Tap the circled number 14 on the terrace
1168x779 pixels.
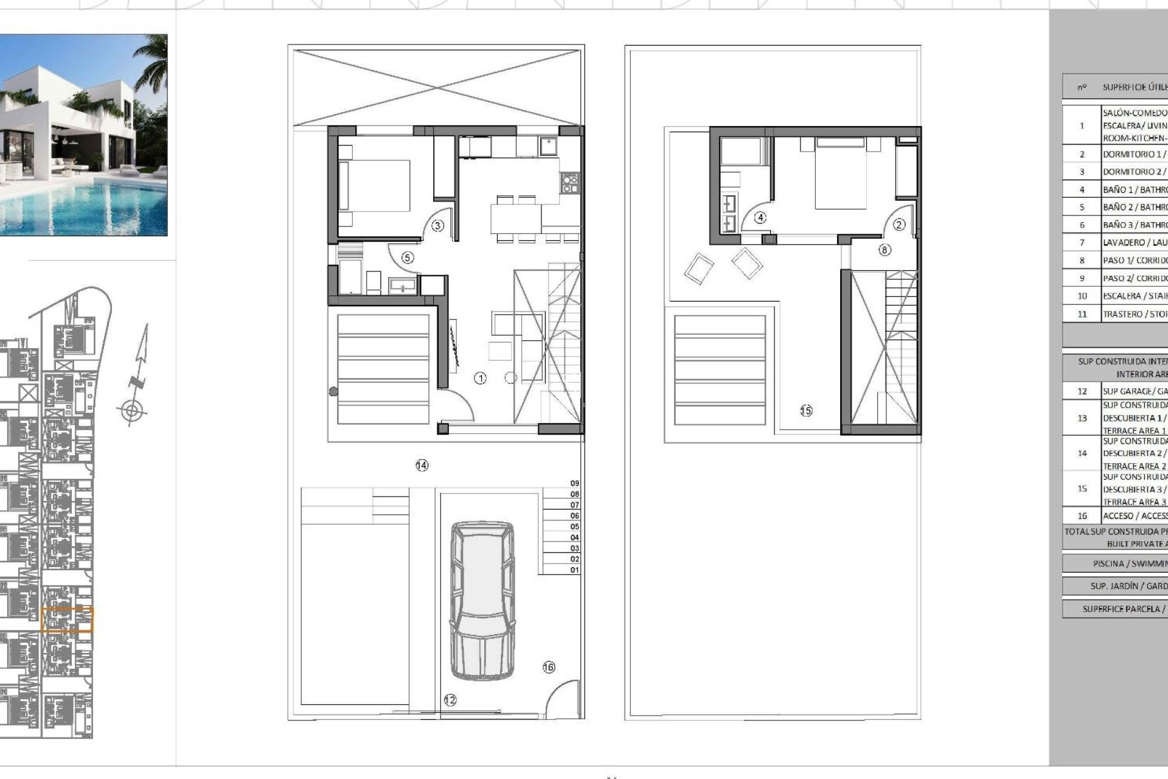coord(422,466)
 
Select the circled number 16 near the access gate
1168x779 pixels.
coord(549,667)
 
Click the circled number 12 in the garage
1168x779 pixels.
coord(450,700)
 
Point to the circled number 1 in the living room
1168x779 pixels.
coord(480,379)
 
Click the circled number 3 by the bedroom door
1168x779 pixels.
coord(437,226)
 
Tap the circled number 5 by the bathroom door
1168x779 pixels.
coord(408,257)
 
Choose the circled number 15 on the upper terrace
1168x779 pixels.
coord(806,411)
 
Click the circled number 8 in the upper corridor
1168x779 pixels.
coord(885,250)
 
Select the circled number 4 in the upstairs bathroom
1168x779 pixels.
coord(760,218)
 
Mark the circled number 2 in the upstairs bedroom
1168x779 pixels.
coord(899,225)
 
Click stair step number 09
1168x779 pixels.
coord(574,483)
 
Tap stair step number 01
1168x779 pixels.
coord(574,570)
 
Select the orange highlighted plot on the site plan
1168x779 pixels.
coord(67,620)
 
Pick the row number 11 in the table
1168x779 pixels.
coord(1082,314)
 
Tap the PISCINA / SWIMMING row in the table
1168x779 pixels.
coord(1129,564)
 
